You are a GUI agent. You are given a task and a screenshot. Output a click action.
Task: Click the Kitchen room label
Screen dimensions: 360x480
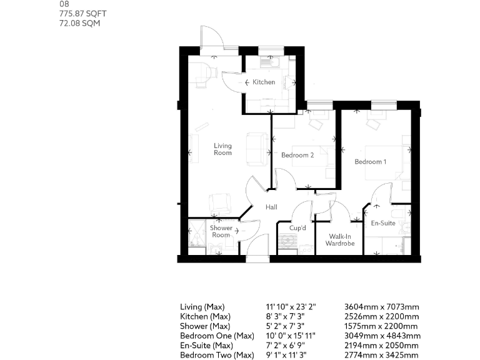(x=263, y=82)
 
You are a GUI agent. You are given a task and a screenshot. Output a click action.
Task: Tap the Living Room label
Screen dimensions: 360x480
(x=222, y=149)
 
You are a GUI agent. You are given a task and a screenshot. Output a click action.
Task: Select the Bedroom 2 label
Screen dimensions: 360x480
(x=297, y=155)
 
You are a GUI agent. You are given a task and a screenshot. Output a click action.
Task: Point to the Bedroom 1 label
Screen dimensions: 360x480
(x=370, y=162)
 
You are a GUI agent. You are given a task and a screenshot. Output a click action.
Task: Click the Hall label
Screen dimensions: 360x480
(x=271, y=207)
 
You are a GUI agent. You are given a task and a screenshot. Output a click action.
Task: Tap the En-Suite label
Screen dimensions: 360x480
(x=383, y=223)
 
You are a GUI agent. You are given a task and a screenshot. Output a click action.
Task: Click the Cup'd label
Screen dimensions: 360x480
(x=297, y=227)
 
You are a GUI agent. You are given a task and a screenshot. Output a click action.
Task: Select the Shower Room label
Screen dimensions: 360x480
(x=221, y=231)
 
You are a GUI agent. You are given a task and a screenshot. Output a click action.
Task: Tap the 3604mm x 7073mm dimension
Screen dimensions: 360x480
(x=381, y=307)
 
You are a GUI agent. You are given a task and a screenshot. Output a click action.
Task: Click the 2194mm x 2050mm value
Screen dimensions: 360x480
(x=381, y=346)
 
